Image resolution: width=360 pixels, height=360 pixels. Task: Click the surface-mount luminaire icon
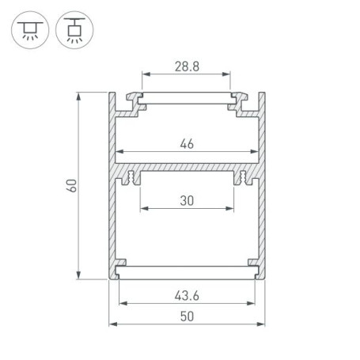pyautogui.click(x=29, y=29)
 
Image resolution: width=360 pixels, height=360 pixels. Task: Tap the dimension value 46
pyautogui.click(x=187, y=143)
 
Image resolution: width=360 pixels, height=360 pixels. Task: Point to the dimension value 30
pyautogui.click(x=187, y=201)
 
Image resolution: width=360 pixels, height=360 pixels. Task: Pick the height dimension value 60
pyautogui.click(x=71, y=186)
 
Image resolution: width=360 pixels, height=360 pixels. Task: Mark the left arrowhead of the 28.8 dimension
pyautogui.click(x=146, y=78)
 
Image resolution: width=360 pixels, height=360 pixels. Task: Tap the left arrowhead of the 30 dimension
pyautogui.click(x=143, y=210)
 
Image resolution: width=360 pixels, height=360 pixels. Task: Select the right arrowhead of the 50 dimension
pyautogui.click(x=261, y=325)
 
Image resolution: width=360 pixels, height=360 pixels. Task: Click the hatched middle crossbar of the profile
pyautogui.click(x=187, y=171)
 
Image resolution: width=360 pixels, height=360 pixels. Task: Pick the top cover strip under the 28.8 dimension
pyautogui.click(x=187, y=100)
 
